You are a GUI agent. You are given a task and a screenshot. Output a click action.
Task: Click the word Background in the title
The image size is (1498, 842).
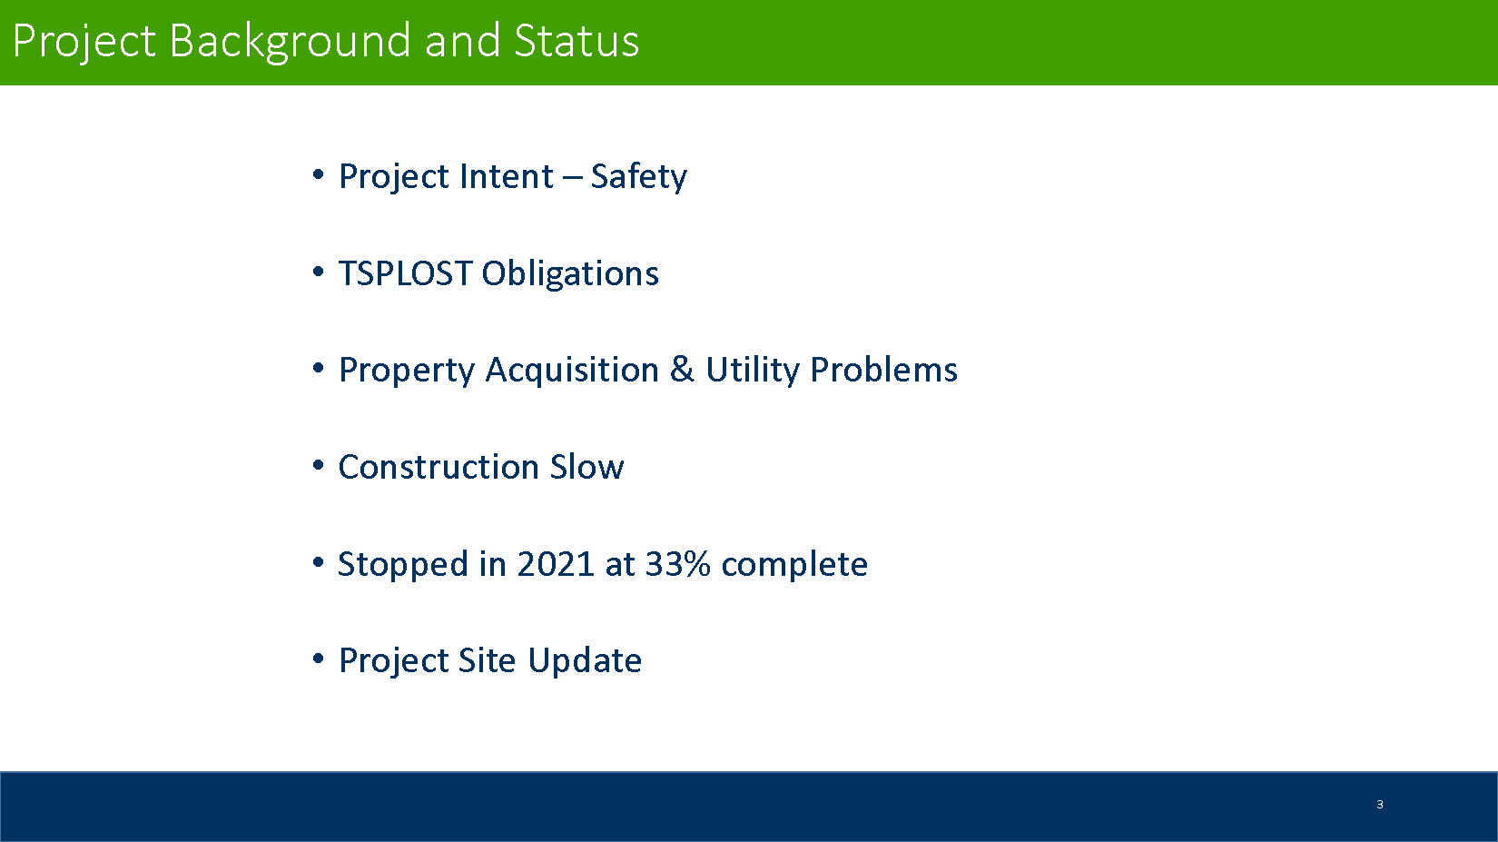tap(290, 43)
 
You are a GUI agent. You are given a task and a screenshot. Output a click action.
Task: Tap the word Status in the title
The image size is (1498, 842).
tap(577, 41)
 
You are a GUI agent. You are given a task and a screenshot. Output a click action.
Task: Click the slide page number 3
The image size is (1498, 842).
tap(1380, 805)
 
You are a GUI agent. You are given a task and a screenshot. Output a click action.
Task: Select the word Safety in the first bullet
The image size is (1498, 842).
tap(638, 177)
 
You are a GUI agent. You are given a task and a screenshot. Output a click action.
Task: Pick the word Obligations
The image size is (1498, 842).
tap(570, 274)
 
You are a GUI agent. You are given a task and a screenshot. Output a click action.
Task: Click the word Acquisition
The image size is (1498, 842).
tap(573, 371)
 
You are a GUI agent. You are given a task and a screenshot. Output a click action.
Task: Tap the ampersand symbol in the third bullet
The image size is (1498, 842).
tap(682, 370)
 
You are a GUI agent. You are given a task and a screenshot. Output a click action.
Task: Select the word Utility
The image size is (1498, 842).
tap(753, 371)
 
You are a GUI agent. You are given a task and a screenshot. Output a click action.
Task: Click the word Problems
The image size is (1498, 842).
tap(884, 370)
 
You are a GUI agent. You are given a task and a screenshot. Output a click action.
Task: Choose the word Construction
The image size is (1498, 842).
tap(439, 467)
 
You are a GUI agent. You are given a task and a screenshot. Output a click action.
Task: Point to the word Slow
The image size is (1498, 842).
tap(587, 467)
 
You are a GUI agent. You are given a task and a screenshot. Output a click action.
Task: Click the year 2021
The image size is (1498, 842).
tap(556, 563)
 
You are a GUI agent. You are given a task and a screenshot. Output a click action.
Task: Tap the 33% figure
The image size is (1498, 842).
tap(678, 563)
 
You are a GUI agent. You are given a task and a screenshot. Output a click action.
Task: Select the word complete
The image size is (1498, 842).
tap(794, 565)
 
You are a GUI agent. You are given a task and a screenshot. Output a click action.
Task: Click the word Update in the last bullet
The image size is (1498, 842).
tap(586, 661)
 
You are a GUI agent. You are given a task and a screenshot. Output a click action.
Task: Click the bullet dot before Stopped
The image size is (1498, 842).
tap(319, 562)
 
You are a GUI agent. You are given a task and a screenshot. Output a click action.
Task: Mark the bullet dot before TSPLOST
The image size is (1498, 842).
tap(319, 272)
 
